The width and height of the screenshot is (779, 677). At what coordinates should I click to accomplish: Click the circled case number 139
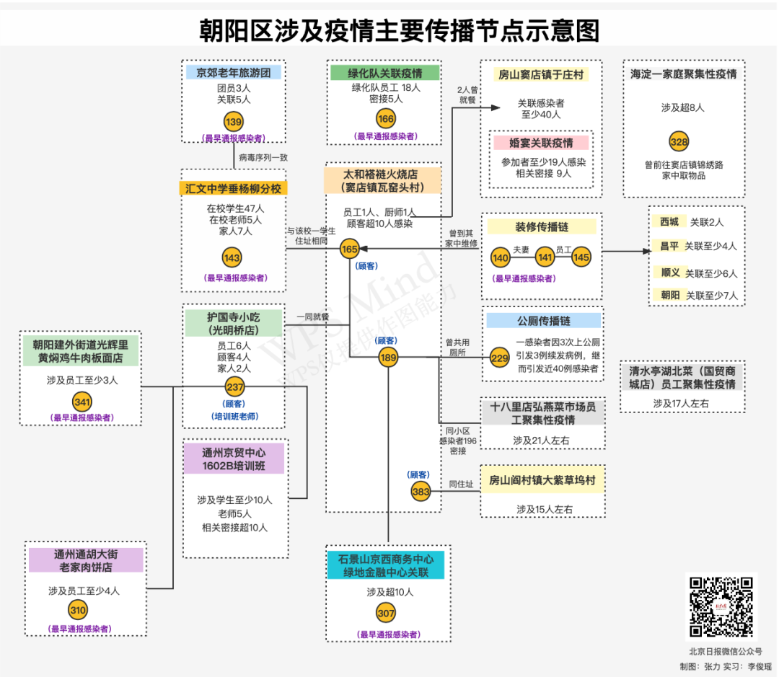point(234,122)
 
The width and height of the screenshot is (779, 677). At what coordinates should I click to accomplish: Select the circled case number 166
point(385,119)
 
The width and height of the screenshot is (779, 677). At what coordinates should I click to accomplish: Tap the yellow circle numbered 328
point(679,141)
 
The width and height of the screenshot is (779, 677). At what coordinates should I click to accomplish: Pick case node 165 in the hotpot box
point(349,249)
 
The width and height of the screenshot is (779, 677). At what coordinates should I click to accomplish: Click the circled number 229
point(499,358)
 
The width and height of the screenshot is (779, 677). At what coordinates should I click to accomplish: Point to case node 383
point(421,492)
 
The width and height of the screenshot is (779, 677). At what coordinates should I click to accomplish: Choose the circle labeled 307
point(386,614)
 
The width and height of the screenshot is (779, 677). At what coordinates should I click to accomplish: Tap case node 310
point(77,610)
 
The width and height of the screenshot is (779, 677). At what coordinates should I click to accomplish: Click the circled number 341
point(82,402)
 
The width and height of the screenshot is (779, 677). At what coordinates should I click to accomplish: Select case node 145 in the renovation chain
point(581,257)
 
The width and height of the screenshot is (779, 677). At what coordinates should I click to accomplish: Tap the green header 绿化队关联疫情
point(385,73)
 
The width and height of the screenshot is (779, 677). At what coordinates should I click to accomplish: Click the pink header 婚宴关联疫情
point(541,143)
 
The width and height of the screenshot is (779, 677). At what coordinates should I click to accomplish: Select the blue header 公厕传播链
point(544,321)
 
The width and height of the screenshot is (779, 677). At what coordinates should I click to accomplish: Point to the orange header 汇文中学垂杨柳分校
point(233,189)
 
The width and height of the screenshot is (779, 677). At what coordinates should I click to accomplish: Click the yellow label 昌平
point(669,246)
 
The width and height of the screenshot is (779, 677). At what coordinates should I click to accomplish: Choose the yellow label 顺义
point(670,273)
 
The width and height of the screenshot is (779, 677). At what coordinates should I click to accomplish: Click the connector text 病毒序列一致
point(263,157)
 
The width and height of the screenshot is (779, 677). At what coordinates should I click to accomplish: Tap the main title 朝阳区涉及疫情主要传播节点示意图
point(400,31)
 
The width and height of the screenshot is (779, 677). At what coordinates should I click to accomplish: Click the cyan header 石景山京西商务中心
point(385,559)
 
